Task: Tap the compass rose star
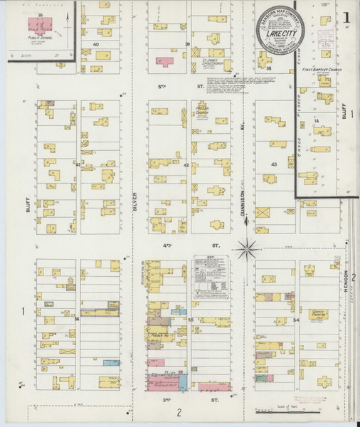click(x=248, y=248)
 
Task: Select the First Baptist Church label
click(x=319, y=70)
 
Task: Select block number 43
click(x=273, y=164)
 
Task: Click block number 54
click(x=296, y=320)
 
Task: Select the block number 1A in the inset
click(x=314, y=122)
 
